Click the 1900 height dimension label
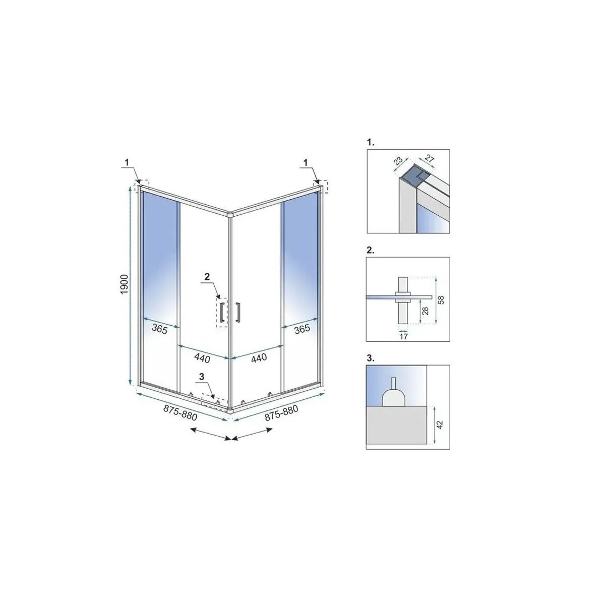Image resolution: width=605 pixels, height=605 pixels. point(124,284)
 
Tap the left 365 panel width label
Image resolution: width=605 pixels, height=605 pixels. point(159,329)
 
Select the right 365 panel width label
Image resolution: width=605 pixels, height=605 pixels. point(302,329)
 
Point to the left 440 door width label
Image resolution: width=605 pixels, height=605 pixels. point(202,357)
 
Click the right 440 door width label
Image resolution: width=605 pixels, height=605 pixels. point(259,357)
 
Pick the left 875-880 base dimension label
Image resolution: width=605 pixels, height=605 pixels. point(180,412)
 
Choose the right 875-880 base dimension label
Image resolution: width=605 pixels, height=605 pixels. point(281,412)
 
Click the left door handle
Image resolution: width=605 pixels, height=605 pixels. point(222,312)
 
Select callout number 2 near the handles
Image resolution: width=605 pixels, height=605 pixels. point(207,276)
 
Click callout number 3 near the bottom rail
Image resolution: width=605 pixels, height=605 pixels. point(202,376)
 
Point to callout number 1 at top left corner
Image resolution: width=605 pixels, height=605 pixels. point(127,162)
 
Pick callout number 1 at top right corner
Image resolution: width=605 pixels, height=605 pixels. point(306,162)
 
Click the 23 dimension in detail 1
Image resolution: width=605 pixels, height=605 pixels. point(398,161)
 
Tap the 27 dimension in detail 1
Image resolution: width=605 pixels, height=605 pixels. point(430,158)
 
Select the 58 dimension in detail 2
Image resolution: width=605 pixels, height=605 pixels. point(441,299)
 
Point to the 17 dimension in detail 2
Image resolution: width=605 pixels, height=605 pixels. point(403,336)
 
